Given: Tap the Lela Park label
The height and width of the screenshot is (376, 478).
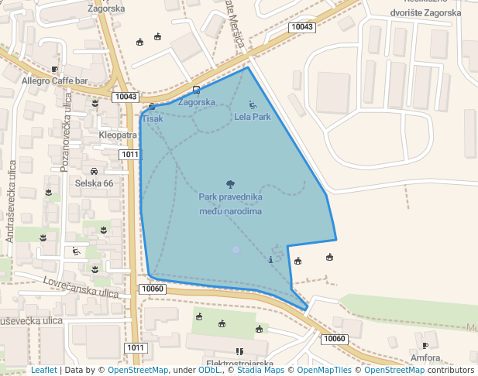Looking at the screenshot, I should point(253,118).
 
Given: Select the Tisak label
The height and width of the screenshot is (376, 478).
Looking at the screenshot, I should point(152,118).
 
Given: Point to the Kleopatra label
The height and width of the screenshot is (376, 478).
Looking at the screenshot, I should point(118,135).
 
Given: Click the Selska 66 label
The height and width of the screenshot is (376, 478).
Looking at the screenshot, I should point(94,183).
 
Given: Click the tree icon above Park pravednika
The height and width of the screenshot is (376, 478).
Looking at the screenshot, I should point(230,184).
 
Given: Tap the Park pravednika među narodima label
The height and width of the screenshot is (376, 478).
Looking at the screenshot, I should point(230,203).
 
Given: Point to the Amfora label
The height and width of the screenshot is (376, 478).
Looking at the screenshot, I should point(425,358).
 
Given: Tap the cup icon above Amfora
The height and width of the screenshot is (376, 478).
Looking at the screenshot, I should point(425,345).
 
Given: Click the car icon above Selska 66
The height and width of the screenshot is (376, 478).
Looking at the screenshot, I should point(94,171).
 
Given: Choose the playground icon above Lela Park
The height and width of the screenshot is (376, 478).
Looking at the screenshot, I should point(253,104).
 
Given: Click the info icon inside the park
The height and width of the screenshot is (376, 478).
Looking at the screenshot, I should point(270,260).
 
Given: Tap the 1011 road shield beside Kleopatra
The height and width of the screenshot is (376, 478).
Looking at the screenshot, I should point(129,155).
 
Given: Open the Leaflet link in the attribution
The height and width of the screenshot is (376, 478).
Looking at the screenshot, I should point(43,370).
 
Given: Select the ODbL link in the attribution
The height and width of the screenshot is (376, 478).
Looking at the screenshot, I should point(208,370).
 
